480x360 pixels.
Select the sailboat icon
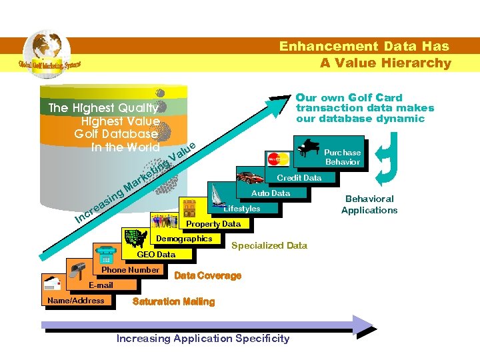[220, 196]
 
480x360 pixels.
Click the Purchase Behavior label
[343, 157]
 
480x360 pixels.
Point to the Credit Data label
[299, 178]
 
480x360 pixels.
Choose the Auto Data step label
[270, 193]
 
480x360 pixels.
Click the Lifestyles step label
[242, 209]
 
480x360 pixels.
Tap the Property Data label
[213, 224]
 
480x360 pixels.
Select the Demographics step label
[184, 239]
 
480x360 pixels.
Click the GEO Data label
[156, 254]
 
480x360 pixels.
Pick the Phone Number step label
[130, 270]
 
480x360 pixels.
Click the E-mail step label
[101, 285]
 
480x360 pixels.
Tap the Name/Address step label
[76, 301]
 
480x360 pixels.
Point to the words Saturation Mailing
[174, 301]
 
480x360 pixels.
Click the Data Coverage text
[207, 275]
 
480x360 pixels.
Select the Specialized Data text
[269, 245]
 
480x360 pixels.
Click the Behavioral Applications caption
[369, 205]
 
